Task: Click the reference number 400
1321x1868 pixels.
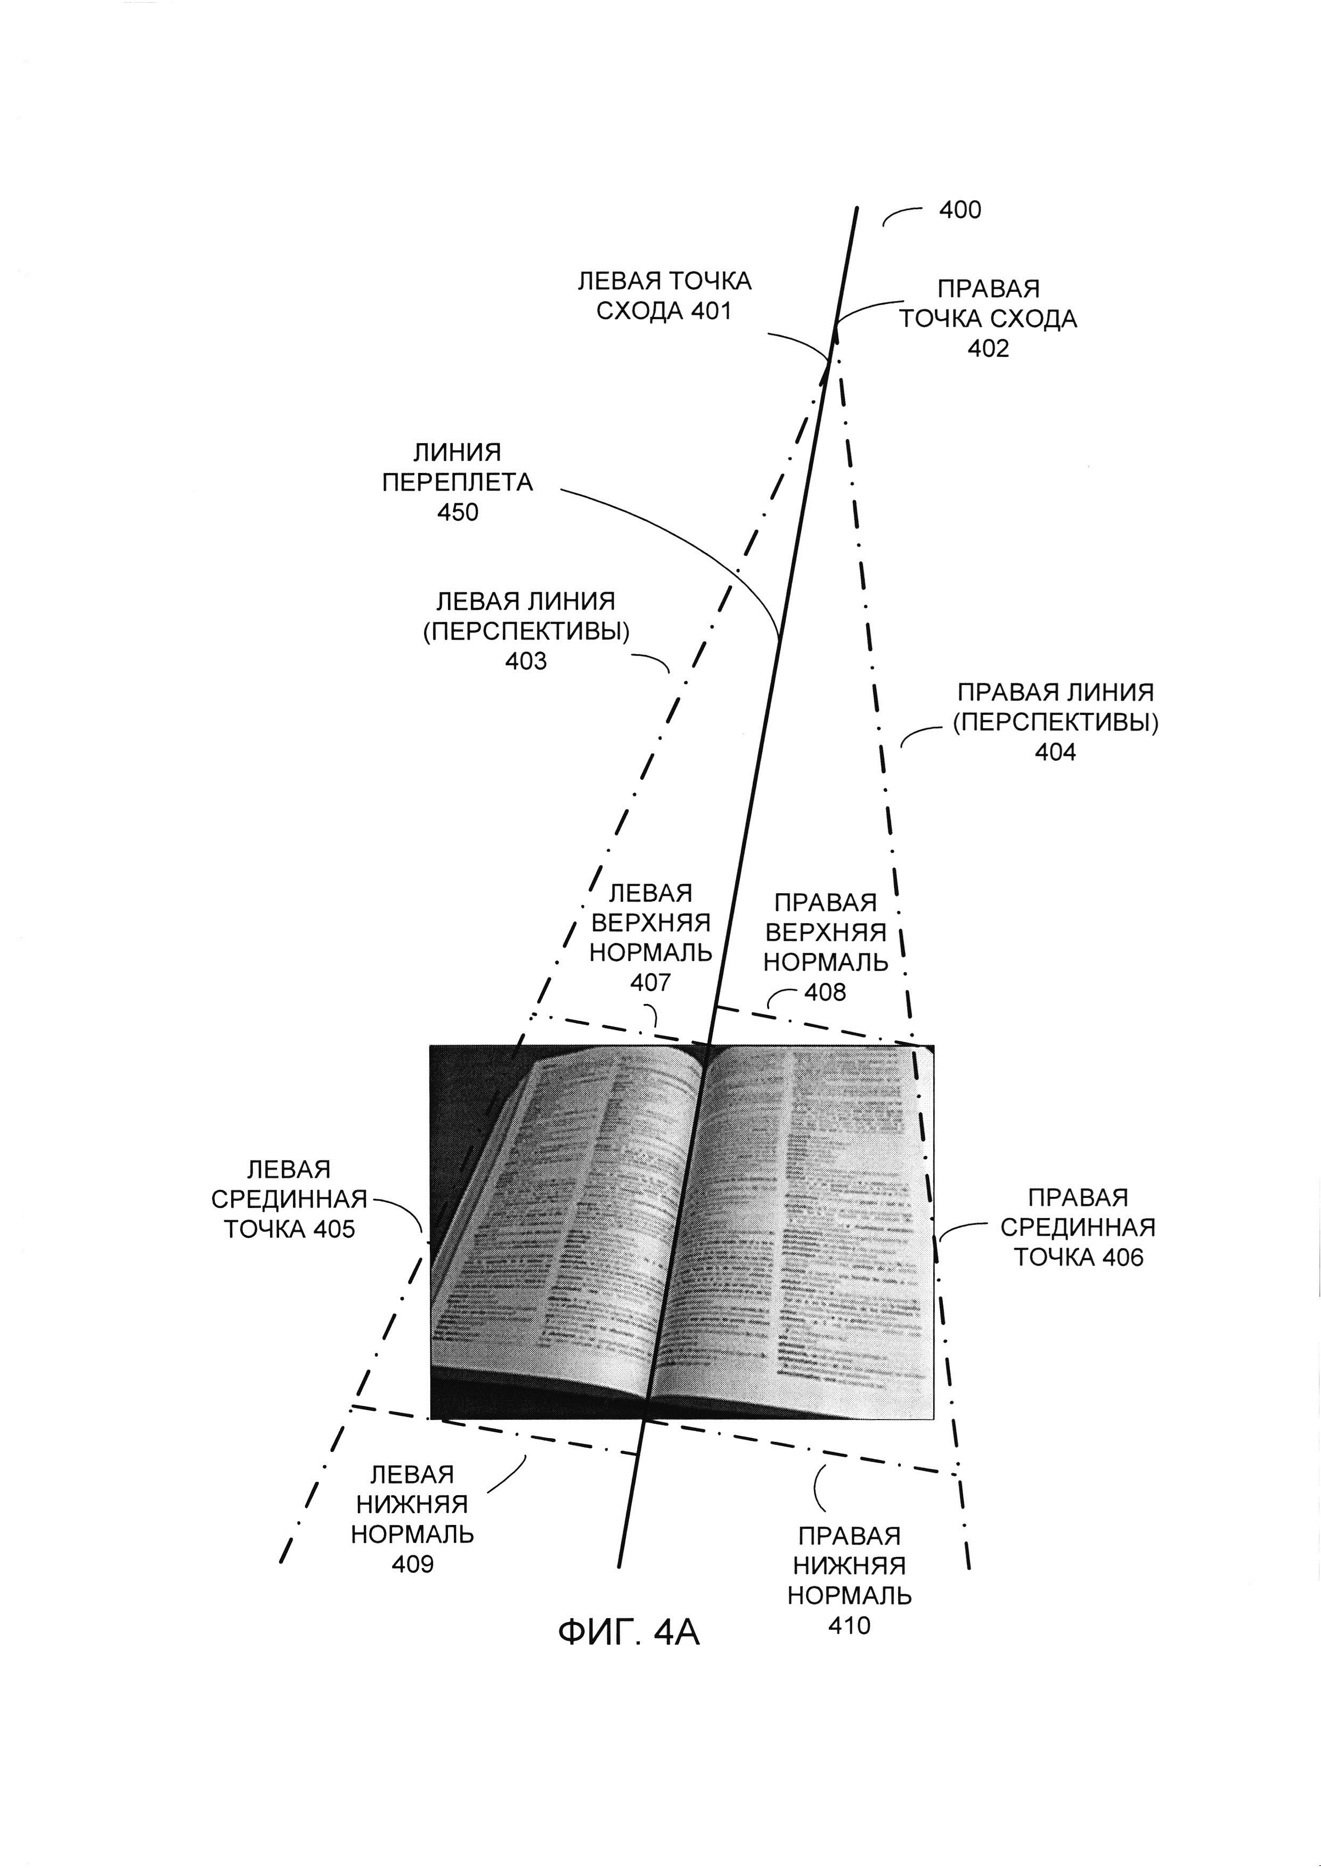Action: (x=960, y=210)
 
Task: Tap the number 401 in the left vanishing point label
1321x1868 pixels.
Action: (x=711, y=311)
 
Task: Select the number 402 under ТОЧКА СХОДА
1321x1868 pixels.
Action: (x=988, y=348)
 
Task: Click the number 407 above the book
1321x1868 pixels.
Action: (x=650, y=983)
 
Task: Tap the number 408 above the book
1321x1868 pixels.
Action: (x=825, y=992)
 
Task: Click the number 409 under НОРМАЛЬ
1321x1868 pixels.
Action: (x=412, y=1564)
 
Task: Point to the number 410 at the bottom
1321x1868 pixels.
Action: (x=849, y=1626)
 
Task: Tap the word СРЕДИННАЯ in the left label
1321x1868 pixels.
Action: (x=289, y=1199)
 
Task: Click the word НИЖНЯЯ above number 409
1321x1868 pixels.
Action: (x=412, y=1504)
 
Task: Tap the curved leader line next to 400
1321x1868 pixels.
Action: (x=902, y=214)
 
